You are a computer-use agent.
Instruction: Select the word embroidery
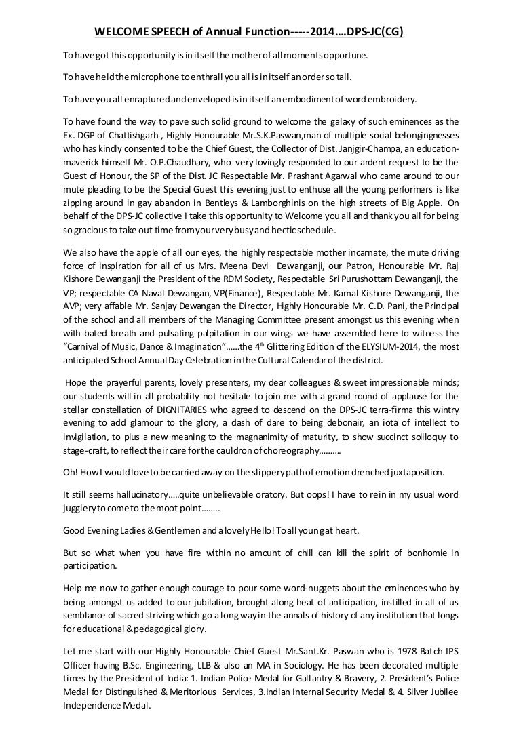(390, 100)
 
